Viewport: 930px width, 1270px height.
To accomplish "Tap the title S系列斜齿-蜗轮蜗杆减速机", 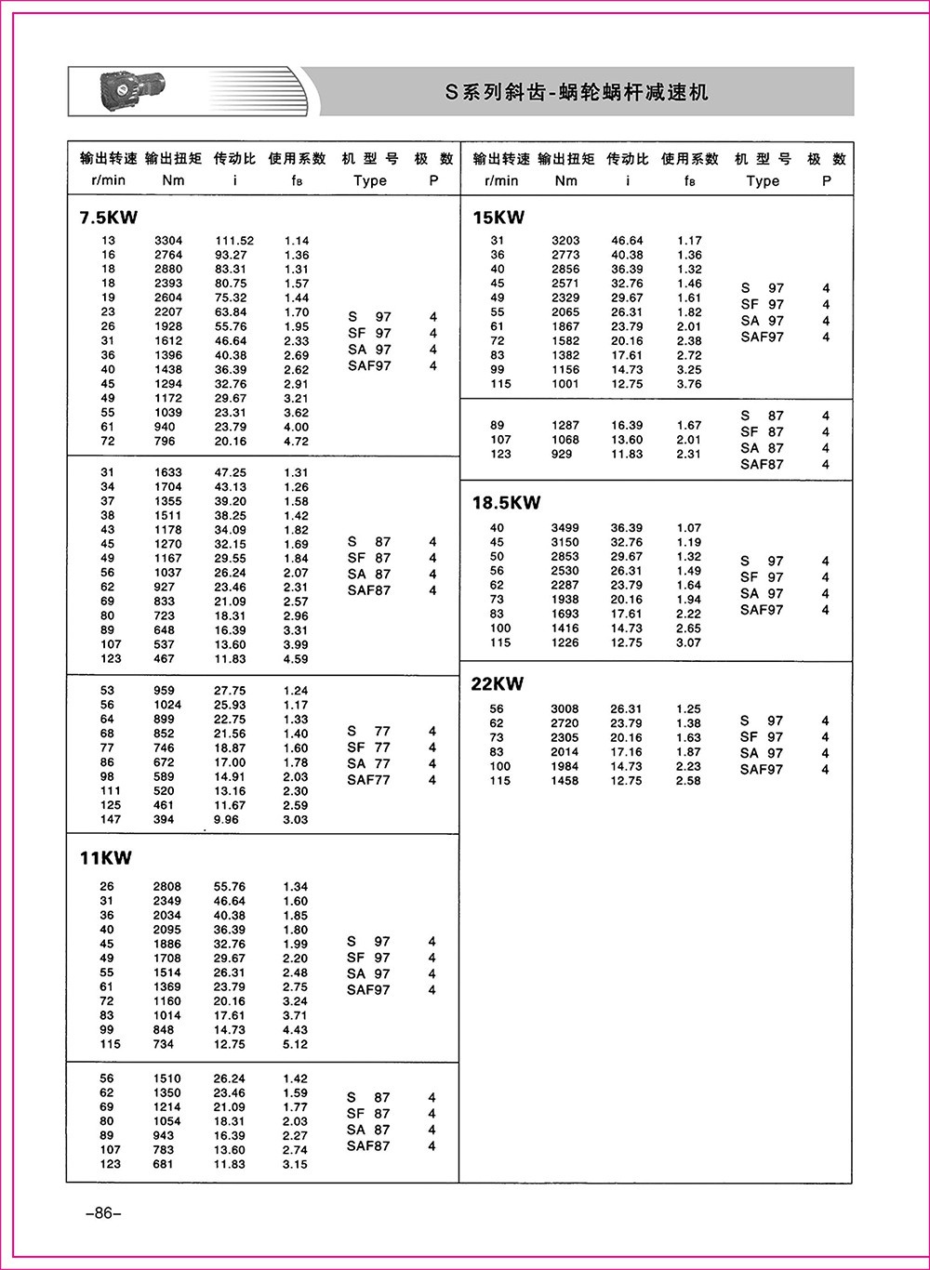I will coord(577,92).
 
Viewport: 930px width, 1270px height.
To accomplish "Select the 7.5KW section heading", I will coord(109,218).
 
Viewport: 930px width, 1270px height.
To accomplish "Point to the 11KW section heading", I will coord(106,859).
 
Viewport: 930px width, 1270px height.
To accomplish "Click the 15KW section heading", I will coord(498,218).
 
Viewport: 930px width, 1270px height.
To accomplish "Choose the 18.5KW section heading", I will coord(506,503).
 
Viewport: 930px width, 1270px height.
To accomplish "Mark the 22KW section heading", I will coord(498,684).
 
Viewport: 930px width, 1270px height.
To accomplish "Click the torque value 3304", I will coord(168,241).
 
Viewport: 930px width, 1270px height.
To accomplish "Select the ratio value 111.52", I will coord(234,241).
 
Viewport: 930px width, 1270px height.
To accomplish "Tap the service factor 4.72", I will coord(296,442).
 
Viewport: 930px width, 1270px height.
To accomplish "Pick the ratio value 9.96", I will coord(226,820).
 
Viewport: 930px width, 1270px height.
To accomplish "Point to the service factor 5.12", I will coord(296,1044).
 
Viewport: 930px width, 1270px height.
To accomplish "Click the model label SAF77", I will coord(368,780).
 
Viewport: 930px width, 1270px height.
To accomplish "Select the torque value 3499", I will coord(565,528).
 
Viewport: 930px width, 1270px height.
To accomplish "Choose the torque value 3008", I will coord(565,709).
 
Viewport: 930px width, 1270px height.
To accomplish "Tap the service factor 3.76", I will coord(689,384).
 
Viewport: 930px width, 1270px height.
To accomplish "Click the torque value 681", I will coord(164,1164).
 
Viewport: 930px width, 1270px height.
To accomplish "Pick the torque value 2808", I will coord(168,887).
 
